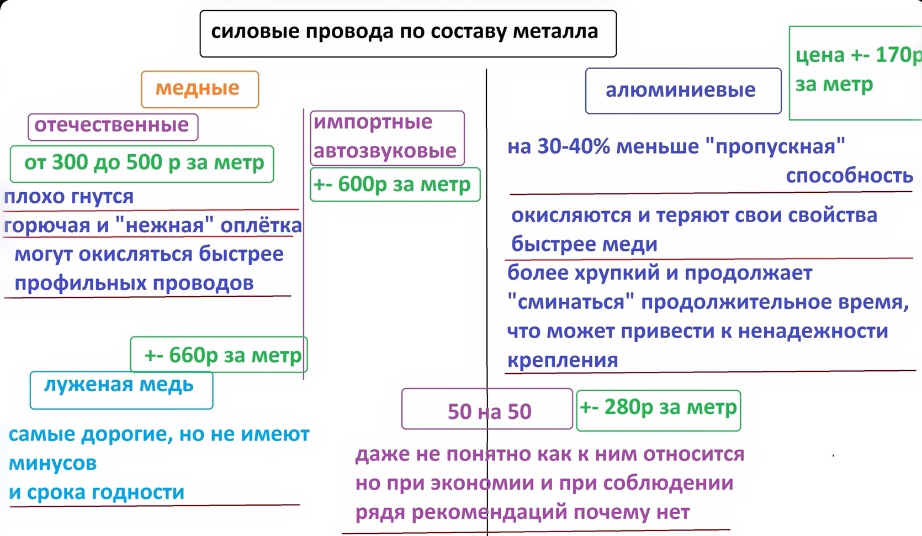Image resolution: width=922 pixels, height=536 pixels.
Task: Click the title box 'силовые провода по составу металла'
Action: [x=408, y=33]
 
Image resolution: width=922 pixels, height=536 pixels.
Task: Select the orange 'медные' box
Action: [x=200, y=89]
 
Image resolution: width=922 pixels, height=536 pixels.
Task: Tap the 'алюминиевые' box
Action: [x=683, y=91]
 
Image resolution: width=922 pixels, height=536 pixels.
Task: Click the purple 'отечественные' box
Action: [x=113, y=127]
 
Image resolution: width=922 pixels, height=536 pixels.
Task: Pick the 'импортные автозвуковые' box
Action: [x=387, y=138]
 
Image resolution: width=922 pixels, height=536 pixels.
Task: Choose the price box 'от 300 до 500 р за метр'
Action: [x=142, y=164]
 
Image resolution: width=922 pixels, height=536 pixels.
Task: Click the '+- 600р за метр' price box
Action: [x=395, y=184]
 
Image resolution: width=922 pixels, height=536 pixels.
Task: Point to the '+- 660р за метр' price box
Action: [x=219, y=354]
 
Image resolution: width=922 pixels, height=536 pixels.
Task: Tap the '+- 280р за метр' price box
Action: [x=659, y=411]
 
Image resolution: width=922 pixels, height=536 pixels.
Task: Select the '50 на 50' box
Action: [x=487, y=409]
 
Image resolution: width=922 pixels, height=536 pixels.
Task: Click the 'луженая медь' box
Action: [x=121, y=390]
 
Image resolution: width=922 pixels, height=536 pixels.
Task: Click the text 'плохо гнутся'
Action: [x=69, y=197]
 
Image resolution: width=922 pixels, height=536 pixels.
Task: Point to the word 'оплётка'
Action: [x=261, y=225]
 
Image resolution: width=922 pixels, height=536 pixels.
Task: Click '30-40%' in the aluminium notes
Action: [x=574, y=146]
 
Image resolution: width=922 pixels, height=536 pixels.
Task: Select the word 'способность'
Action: [x=850, y=176]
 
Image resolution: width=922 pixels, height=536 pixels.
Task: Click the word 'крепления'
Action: [x=563, y=360]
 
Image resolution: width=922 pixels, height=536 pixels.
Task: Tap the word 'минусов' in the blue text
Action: [x=52, y=463]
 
